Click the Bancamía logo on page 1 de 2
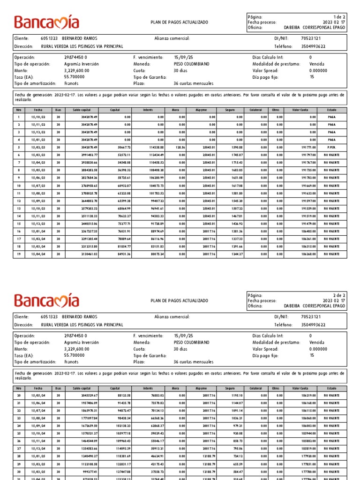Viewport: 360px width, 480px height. (46, 22)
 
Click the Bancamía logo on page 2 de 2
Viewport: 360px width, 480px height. (46, 300)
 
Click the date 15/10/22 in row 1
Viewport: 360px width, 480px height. (38, 117)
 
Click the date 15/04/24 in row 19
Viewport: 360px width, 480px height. (38, 254)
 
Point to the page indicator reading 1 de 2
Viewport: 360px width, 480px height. (338, 16)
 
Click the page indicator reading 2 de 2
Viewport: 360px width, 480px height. (338, 295)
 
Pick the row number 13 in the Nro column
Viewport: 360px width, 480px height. (19, 208)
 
